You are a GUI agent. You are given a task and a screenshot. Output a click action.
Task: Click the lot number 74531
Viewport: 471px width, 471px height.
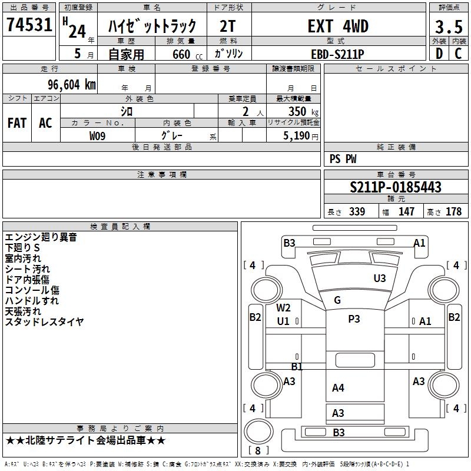pos(29,26)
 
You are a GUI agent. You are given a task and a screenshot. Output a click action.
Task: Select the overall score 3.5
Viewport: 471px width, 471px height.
pos(448,26)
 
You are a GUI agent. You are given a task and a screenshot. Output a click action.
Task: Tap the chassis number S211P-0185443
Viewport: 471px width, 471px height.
pos(396,187)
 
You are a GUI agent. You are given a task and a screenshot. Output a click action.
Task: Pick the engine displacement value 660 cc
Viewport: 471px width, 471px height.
pos(181,54)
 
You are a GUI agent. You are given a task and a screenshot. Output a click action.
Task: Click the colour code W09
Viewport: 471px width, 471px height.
pos(98,136)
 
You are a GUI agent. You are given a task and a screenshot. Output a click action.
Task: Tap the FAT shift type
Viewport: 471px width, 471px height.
pos(17,123)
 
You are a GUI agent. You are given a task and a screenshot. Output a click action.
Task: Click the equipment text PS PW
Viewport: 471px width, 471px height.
pos(343,159)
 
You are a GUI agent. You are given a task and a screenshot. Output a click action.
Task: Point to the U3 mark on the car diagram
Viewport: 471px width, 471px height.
pos(380,278)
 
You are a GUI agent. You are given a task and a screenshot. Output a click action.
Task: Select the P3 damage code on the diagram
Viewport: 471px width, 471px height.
pos(354,319)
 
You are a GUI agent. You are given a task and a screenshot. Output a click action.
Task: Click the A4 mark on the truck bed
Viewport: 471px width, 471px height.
pos(338,387)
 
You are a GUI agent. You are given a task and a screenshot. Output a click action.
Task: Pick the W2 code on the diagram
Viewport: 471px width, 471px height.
pos(284,308)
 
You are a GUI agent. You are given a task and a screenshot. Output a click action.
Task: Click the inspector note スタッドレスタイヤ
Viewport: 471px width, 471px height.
pos(44,322)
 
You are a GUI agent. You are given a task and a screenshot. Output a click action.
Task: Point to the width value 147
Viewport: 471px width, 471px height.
pos(406,212)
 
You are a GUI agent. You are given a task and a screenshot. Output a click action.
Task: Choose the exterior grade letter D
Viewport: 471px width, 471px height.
pos(439,54)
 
